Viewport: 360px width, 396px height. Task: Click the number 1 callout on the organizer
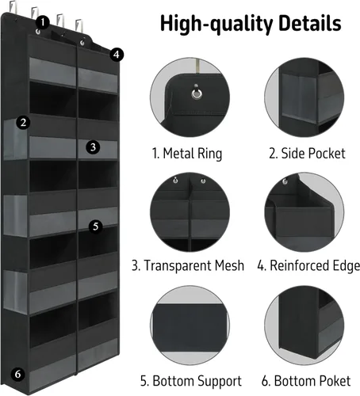43,22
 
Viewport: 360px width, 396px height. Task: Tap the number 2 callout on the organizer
23,123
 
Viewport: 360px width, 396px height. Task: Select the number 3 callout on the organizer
93,147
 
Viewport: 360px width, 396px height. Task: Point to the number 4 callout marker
117,55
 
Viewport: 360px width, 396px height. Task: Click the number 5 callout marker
95,227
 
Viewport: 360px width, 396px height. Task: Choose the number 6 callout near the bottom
17,374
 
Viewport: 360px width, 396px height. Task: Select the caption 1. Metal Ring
187,154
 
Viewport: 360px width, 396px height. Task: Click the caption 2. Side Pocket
307,154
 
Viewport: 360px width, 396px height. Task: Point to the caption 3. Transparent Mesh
188,265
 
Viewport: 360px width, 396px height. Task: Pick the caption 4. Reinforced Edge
308,266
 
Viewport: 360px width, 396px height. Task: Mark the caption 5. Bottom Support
191,382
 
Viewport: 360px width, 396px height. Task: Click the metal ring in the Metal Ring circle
197,93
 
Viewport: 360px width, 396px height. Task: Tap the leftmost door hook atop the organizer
13,6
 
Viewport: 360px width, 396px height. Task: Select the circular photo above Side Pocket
304,97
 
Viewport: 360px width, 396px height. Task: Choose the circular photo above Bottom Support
190,326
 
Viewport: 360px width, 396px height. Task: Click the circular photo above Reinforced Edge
304,212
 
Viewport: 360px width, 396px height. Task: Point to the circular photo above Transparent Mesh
190,212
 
